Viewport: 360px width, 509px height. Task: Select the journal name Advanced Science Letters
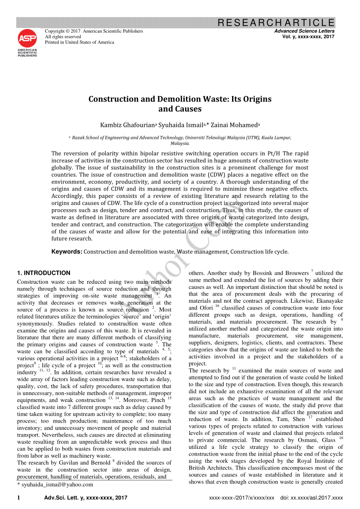[304, 31]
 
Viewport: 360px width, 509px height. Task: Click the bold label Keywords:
[66, 252]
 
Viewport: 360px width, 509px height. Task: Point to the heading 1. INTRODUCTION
[44, 273]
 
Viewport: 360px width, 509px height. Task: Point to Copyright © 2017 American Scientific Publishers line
[94, 31]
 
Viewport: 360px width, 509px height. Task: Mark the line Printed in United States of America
[80, 42]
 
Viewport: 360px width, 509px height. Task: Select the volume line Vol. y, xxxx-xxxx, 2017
[308, 37]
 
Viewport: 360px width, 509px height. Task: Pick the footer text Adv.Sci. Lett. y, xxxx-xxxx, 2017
[86, 498]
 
